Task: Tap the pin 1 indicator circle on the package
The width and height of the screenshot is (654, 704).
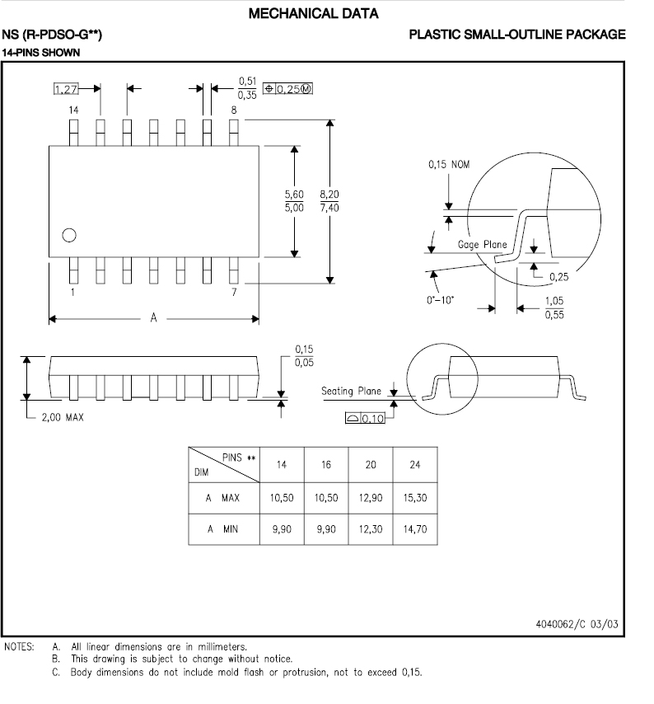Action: pyautogui.click(x=69, y=235)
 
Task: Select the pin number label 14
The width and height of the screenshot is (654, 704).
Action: pyautogui.click(x=73, y=110)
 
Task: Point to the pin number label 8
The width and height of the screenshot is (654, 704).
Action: pyautogui.click(x=234, y=110)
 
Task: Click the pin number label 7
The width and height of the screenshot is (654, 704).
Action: pyautogui.click(x=235, y=293)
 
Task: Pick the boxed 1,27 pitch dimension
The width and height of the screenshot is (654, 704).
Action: pyautogui.click(x=66, y=88)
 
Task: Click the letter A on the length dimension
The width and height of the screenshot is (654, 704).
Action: pyautogui.click(x=153, y=318)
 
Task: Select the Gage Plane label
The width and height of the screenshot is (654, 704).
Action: pyautogui.click(x=482, y=245)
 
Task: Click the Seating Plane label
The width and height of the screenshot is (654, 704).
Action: pyautogui.click(x=351, y=391)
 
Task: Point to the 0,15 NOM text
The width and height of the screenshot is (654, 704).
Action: pyautogui.click(x=448, y=165)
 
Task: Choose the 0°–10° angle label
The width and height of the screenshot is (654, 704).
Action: pyautogui.click(x=442, y=300)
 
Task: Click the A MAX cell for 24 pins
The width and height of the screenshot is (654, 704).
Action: pyautogui.click(x=415, y=498)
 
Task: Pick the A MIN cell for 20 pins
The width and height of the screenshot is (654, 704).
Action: pyautogui.click(x=371, y=528)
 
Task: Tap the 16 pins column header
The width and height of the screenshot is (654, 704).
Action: pyautogui.click(x=326, y=465)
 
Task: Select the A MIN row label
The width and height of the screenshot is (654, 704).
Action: pyautogui.click(x=222, y=528)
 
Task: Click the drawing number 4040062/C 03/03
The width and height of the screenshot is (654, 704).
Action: pyautogui.click(x=576, y=624)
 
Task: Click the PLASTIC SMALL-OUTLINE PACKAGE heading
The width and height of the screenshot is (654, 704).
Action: pyautogui.click(x=517, y=35)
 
